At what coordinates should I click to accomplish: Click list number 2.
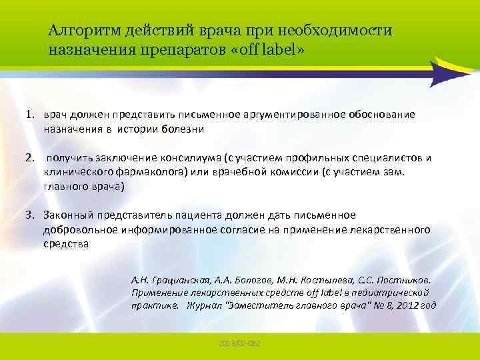tap(29, 159)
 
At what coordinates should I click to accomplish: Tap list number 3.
tap(30, 215)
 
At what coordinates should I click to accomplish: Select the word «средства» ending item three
tap(66, 244)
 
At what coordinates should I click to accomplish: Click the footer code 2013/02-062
tap(240, 341)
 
